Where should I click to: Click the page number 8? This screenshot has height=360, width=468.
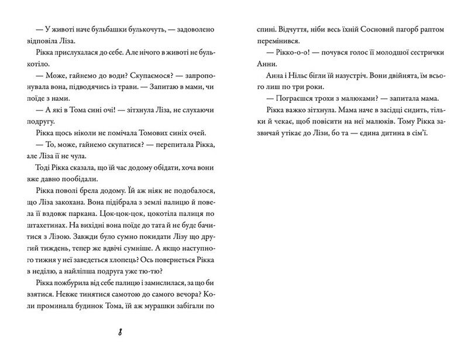pos(119,333)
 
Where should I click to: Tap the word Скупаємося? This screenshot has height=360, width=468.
pos(138,78)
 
